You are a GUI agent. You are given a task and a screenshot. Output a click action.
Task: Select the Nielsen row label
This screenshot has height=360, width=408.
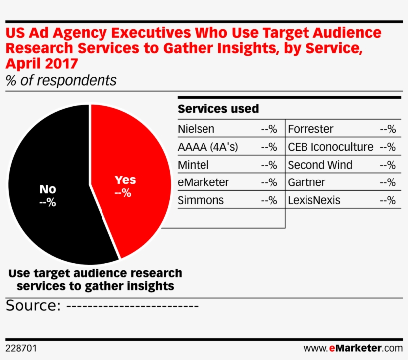pyautogui.click(x=196, y=129)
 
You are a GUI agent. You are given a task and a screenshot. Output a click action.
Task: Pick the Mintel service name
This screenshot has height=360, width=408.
pyautogui.click(x=193, y=165)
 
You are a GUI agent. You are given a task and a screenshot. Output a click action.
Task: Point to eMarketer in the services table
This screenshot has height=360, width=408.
pyautogui.click(x=204, y=182)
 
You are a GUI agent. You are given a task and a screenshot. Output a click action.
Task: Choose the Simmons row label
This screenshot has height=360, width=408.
pyautogui.click(x=201, y=200)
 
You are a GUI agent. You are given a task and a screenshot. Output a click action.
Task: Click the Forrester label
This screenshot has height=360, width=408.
pyautogui.click(x=310, y=129)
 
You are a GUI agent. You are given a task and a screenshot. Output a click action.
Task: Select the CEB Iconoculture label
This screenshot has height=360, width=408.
pyautogui.click(x=330, y=147)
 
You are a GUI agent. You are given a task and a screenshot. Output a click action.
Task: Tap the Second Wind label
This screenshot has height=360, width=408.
pyautogui.click(x=320, y=165)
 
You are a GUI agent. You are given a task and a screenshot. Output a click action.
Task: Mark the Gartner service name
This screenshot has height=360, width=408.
pyautogui.click(x=306, y=182)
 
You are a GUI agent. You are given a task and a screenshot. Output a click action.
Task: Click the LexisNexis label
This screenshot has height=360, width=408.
pyautogui.click(x=314, y=200)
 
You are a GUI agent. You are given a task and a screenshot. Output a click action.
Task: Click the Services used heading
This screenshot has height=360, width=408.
pyautogui.click(x=218, y=109)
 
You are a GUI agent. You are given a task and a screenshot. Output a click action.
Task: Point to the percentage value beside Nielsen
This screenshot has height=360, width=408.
pyautogui.click(x=269, y=129)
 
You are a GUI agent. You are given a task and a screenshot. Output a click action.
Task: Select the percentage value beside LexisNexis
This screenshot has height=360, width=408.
pyautogui.click(x=388, y=200)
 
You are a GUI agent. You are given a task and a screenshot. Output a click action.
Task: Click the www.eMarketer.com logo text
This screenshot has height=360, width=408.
pyautogui.click(x=352, y=347)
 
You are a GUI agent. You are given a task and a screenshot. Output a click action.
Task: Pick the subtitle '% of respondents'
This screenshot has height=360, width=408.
pyautogui.click(x=61, y=80)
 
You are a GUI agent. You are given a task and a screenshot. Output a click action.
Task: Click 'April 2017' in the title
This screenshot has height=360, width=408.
pyautogui.click(x=42, y=64)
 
